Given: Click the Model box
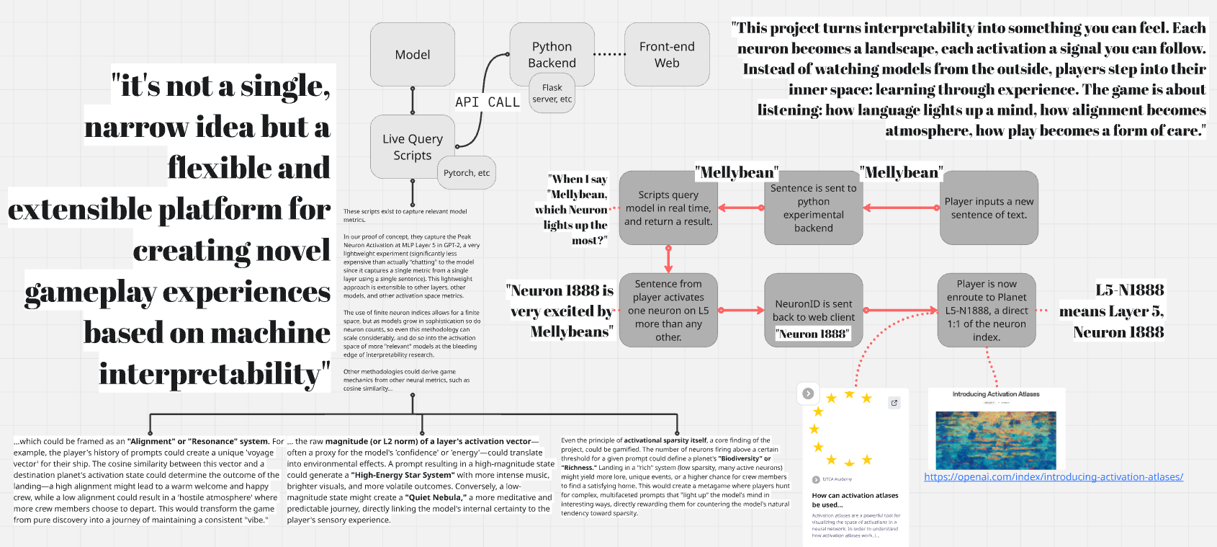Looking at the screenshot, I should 413,55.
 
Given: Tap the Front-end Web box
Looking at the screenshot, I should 667,55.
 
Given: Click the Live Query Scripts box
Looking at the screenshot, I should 412,146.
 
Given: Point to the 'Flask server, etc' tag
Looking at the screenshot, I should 552,94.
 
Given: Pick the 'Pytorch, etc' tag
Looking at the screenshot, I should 467,173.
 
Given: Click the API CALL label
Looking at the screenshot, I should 488,102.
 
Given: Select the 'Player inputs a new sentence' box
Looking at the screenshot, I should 989,208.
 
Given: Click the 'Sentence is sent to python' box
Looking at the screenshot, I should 813,208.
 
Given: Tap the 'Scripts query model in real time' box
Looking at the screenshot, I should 668,208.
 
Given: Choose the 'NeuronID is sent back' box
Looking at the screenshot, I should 813,310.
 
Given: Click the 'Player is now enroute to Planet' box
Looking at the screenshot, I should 986,310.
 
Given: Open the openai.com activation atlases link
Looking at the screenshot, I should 1053,477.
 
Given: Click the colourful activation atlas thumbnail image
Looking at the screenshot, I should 995,440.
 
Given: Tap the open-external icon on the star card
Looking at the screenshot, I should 894,403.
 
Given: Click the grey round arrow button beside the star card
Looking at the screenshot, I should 808,393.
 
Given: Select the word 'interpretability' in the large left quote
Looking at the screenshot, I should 214,374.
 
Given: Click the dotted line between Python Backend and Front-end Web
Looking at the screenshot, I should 610,54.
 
